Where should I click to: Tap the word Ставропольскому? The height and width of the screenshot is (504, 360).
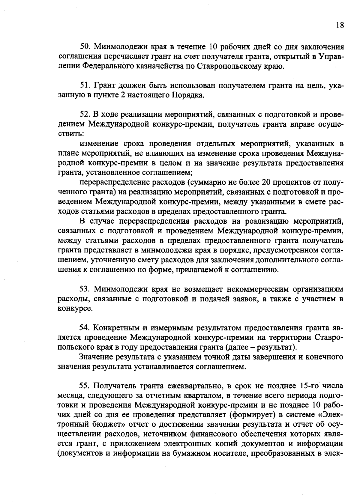pos(230,66)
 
